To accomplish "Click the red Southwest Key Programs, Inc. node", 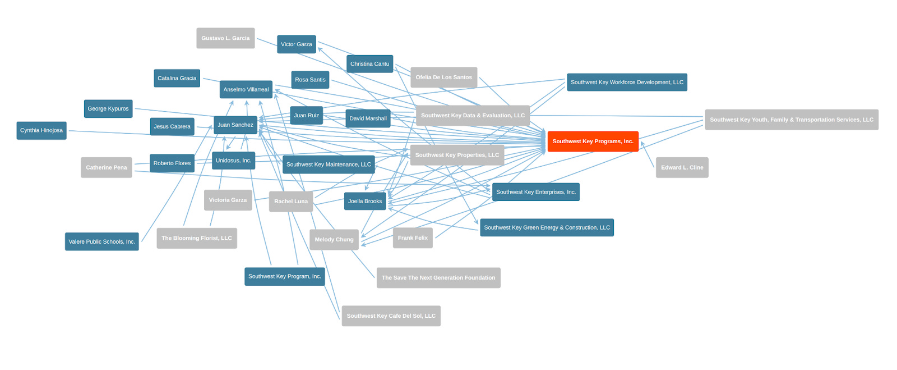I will click(x=593, y=141).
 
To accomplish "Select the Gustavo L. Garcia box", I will click(x=225, y=38).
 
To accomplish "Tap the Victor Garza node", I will click(x=296, y=44).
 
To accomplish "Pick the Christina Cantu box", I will click(x=369, y=64).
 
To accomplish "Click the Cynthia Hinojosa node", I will click(x=41, y=130).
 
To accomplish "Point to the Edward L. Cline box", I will click(x=682, y=167).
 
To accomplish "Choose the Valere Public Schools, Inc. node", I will click(x=101, y=241).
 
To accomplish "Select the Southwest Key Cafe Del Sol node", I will click(x=391, y=316).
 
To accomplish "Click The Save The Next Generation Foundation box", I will click(x=438, y=278).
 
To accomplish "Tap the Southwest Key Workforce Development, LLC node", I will click(x=627, y=82).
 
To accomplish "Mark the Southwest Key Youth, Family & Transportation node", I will click(x=791, y=120).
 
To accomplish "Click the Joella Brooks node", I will click(x=365, y=201).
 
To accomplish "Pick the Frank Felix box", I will click(x=413, y=238).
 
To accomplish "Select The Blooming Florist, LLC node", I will click(x=197, y=238).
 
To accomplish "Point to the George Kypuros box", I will click(x=108, y=109).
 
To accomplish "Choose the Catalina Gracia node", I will click(x=177, y=79).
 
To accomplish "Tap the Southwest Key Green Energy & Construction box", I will click(x=547, y=227).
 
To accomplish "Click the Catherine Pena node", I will click(x=107, y=167).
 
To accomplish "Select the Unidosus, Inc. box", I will click(x=233, y=161).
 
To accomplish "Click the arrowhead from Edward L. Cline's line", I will click(x=642, y=144).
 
